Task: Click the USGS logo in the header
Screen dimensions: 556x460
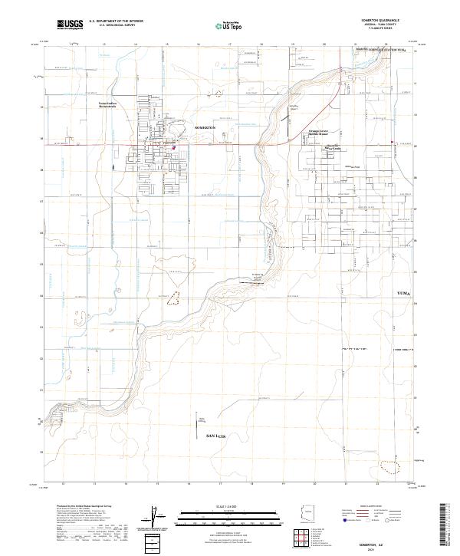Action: point(70,25)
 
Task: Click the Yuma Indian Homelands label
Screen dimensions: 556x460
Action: point(113,104)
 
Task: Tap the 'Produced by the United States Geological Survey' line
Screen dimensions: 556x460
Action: point(85,507)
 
